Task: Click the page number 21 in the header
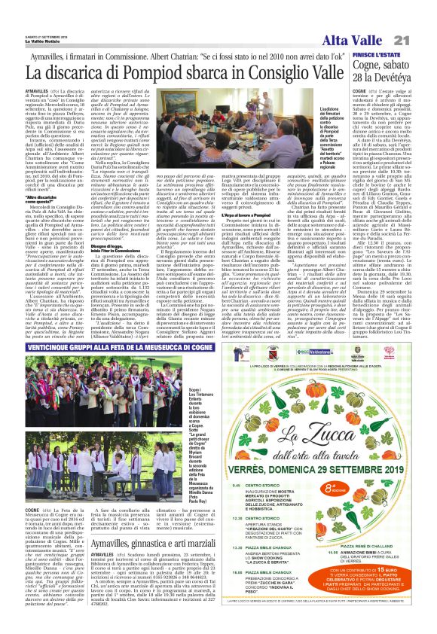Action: click(421, 17)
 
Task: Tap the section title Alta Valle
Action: click(365, 18)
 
